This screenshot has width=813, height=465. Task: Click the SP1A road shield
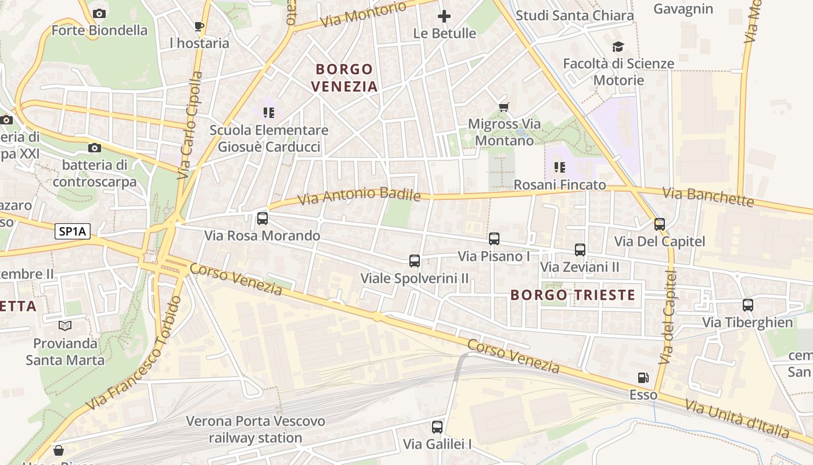(x=73, y=231)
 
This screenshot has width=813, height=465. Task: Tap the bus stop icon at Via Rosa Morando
(x=262, y=219)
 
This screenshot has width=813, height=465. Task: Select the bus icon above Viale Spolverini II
(x=415, y=261)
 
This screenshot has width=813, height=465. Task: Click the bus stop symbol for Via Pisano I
(x=494, y=238)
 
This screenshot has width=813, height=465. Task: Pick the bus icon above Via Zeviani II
(x=580, y=250)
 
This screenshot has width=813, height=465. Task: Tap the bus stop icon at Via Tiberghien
(x=748, y=305)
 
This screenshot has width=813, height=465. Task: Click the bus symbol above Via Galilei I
(x=437, y=427)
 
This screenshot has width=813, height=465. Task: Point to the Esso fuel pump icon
(x=643, y=378)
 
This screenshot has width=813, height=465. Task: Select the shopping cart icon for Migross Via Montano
(x=504, y=107)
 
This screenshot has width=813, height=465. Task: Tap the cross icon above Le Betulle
(x=444, y=16)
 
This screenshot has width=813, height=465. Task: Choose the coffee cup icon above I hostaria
(x=199, y=26)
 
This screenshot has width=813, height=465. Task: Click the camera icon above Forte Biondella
(x=99, y=13)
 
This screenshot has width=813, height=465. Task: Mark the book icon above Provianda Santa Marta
(x=65, y=326)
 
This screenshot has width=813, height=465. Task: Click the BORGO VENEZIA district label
(x=344, y=78)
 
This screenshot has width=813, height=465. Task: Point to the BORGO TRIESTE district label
(x=573, y=295)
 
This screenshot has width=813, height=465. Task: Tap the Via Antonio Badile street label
(x=359, y=196)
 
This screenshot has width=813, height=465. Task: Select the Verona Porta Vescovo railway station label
(x=256, y=429)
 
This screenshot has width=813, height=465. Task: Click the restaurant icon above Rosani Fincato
(x=560, y=168)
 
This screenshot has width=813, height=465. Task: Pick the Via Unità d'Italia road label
(x=738, y=419)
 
